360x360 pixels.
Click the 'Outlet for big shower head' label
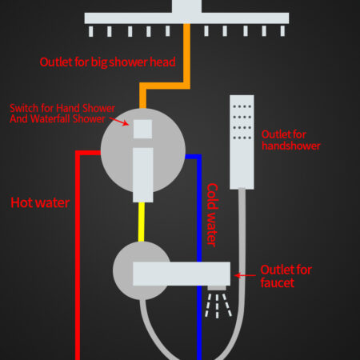pyautogui.click(x=107, y=62)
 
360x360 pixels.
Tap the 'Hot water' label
pyautogui.click(x=40, y=202)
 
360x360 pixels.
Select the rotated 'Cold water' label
pyautogui.click(x=213, y=215)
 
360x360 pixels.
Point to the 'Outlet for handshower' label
pyautogui.click(x=291, y=140)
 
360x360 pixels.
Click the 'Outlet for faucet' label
pyautogui.click(x=286, y=276)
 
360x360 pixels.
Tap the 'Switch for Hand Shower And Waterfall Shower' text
pyautogui.click(x=62, y=114)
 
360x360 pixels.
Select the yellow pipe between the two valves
pyautogui.click(x=142, y=222)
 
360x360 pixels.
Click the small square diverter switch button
pyautogui.click(x=142, y=129)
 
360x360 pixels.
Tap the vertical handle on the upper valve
pyautogui.click(x=143, y=174)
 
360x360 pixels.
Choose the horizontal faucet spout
pyautogui.click(x=182, y=274)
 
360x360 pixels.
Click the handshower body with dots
pyautogui.click(x=242, y=142)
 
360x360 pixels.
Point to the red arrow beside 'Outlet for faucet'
pyautogui.click(x=245, y=275)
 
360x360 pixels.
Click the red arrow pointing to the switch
pyautogui.click(x=119, y=121)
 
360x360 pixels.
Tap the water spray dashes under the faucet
pyautogui.click(x=218, y=306)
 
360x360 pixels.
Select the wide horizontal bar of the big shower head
pyautogui.click(x=186, y=18)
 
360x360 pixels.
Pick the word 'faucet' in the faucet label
pyautogui.click(x=278, y=282)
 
